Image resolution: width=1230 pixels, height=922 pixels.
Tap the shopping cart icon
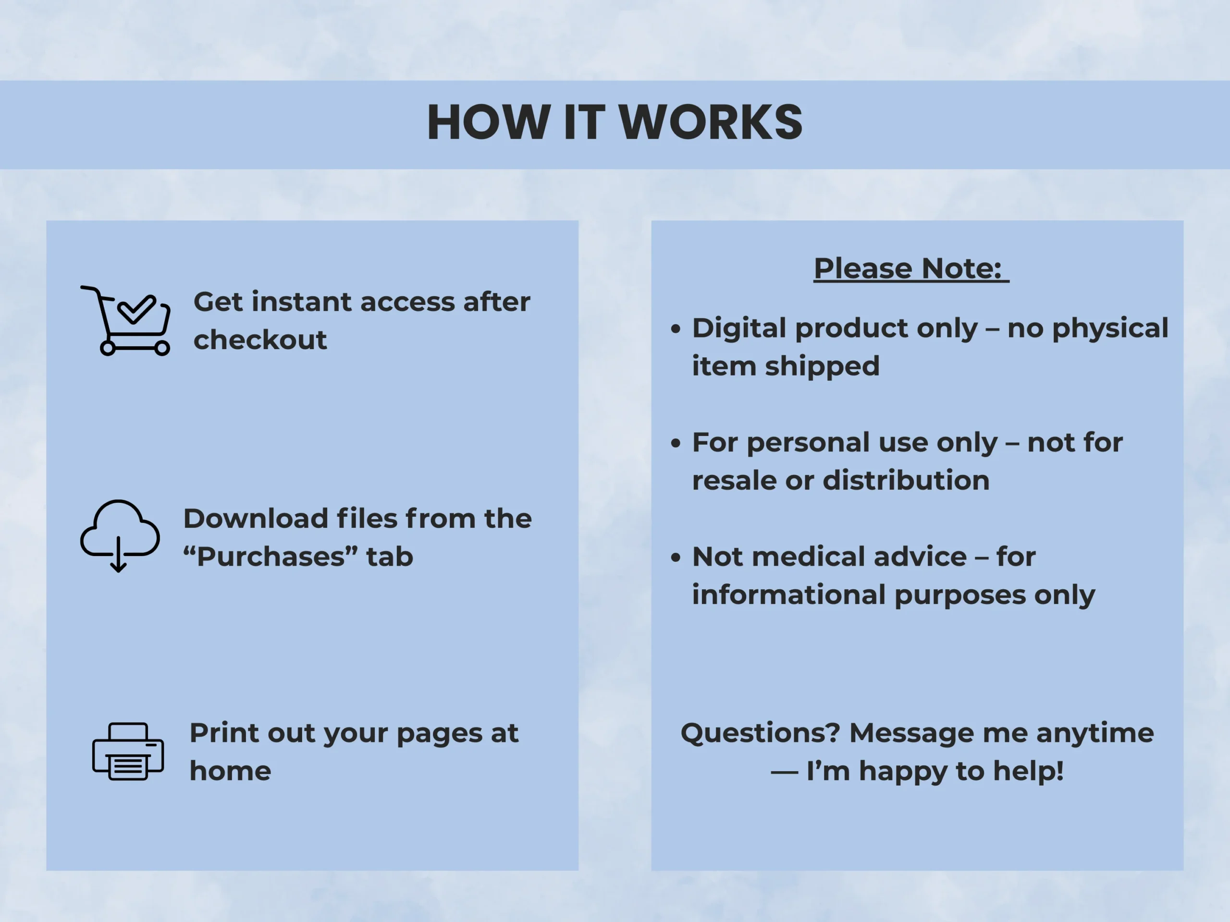pyautogui.click(x=126, y=321)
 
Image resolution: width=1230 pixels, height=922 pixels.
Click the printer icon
pyautogui.click(x=128, y=752)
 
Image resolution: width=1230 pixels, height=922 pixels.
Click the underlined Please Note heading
pyautogui.click(x=911, y=268)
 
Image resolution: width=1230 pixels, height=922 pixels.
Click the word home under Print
pyautogui.click(x=230, y=771)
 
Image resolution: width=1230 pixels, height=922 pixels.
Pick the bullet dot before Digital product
pyautogui.click(x=676, y=329)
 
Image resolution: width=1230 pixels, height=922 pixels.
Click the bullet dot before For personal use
pyautogui.click(x=676, y=443)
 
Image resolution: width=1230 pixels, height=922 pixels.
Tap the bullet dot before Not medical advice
pyautogui.click(x=676, y=558)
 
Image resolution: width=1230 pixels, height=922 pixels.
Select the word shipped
pyautogui.click(x=823, y=367)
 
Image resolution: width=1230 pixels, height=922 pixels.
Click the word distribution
pyautogui.click(x=906, y=480)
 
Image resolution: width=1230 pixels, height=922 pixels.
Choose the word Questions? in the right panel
pyautogui.click(x=760, y=733)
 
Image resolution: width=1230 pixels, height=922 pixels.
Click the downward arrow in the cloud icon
pyautogui.click(x=119, y=554)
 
